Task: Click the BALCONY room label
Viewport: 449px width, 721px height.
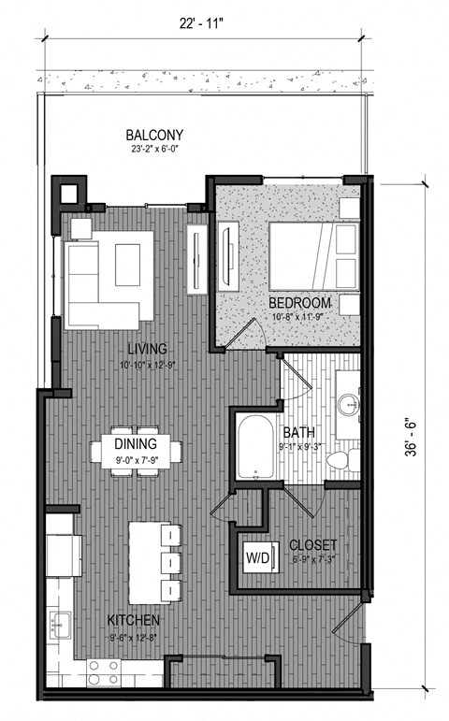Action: pyautogui.click(x=156, y=134)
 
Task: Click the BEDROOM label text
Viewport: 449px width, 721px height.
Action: pyautogui.click(x=299, y=304)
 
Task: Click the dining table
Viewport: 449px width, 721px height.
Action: pyautogui.click(x=137, y=452)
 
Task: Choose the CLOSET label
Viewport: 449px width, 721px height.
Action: pyautogui.click(x=313, y=545)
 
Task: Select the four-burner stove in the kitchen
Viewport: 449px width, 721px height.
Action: pyautogui.click(x=103, y=671)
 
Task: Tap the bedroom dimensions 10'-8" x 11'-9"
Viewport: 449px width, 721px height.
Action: pyautogui.click(x=299, y=317)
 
